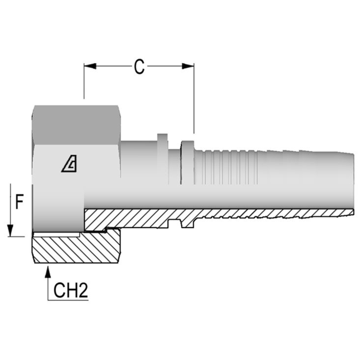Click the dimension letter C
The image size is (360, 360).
[139, 67]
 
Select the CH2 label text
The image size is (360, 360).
[71, 291]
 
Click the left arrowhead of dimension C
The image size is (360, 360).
[90, 66]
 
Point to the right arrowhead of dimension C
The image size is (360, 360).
[188, 66]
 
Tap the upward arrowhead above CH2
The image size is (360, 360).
[48, 273]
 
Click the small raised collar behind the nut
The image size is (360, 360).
[162, 138]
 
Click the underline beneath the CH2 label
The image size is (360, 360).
[68, 300]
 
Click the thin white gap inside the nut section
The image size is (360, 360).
[57, 234]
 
